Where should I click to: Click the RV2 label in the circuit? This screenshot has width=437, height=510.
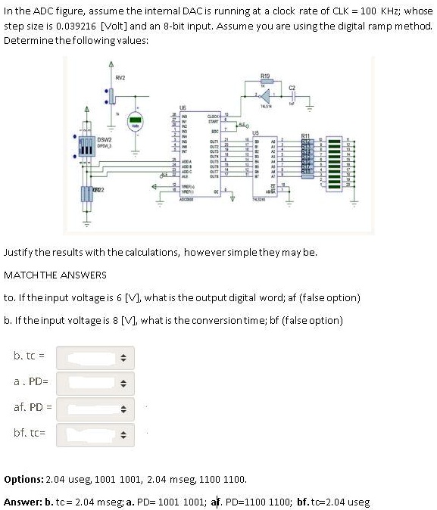(120, 77)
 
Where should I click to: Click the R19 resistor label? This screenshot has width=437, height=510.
(264, 76)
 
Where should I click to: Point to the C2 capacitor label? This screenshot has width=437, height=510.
(292, 89)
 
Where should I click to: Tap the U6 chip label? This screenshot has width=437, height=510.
(183, 107)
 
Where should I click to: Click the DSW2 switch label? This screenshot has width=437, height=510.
(105, 139)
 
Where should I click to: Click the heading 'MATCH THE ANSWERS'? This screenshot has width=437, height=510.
(55, 274)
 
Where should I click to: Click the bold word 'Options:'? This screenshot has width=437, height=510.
(24, 480)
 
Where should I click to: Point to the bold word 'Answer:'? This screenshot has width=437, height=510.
(23, 502)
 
